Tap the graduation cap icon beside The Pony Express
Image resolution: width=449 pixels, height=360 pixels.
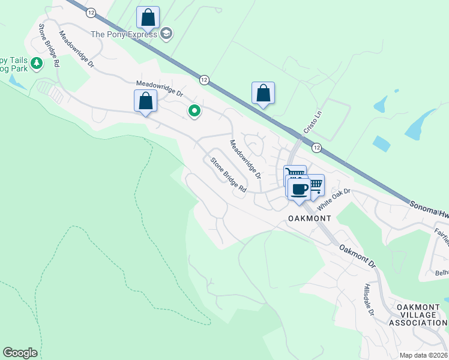coord(167,34)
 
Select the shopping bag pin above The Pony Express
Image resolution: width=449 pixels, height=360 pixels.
coord(148,18)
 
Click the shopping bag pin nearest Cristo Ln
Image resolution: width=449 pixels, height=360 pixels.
coord(263,94)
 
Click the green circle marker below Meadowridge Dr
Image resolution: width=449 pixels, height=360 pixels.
coord(194,111)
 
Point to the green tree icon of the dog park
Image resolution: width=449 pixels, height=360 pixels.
coord(37,63)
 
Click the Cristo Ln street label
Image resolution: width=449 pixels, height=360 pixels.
coord(310,123)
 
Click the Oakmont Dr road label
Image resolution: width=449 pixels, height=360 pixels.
coord(357,256)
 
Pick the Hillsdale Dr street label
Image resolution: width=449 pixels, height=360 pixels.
coord(368,301)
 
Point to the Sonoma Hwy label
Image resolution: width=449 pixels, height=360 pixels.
coord(429,209)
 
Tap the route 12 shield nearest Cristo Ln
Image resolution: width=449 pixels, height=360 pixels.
coord(316,147)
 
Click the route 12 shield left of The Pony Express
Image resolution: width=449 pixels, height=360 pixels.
coord(91,13)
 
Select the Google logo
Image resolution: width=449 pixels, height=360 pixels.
coord(20,353)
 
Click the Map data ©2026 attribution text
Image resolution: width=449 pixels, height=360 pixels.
coord(422,355)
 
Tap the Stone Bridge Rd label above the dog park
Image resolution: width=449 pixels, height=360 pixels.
coord(48,45)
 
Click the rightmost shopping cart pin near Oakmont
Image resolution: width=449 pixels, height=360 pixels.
coord(314,185)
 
